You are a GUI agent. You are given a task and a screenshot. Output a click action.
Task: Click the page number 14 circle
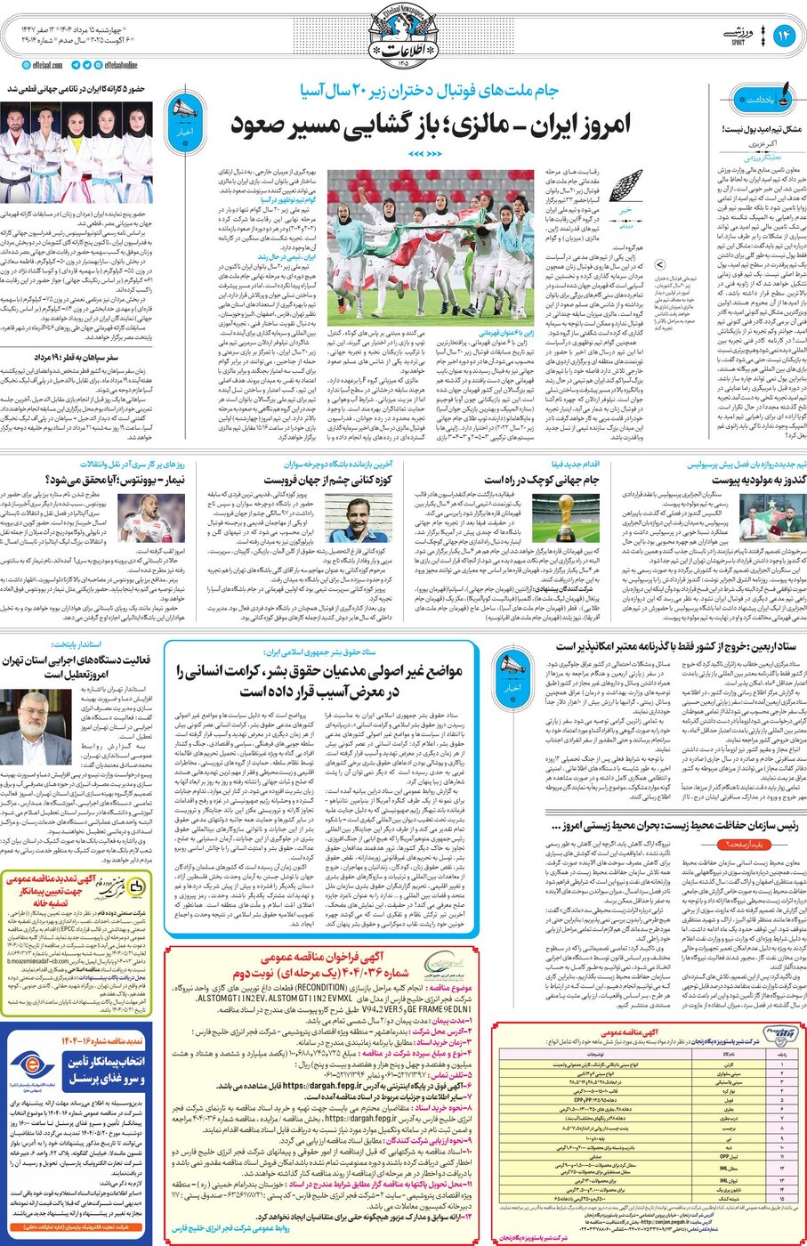pyautogui.click(x=784, y=36)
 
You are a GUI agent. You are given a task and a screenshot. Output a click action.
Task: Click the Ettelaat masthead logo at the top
pyautogui.click(x=403, y=36)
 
